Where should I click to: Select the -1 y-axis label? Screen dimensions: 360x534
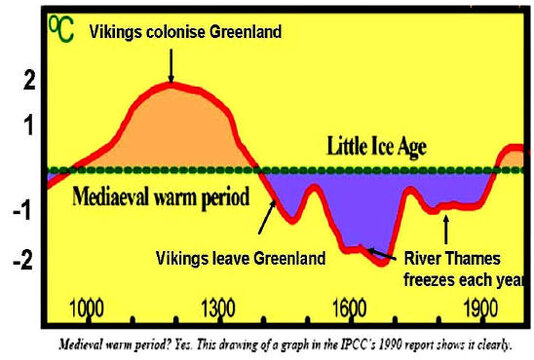tap(26, 211)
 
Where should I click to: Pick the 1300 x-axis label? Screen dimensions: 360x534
tap(217, 306)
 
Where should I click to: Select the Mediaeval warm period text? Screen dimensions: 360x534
tap(160, 196)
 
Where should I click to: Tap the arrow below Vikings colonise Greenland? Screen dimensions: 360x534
tap(171, 65)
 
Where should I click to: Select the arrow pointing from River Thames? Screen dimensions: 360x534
tap(381, 252)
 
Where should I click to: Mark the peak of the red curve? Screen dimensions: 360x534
tap(172, 83)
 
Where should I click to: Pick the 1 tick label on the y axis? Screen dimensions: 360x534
tap(27, 125)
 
